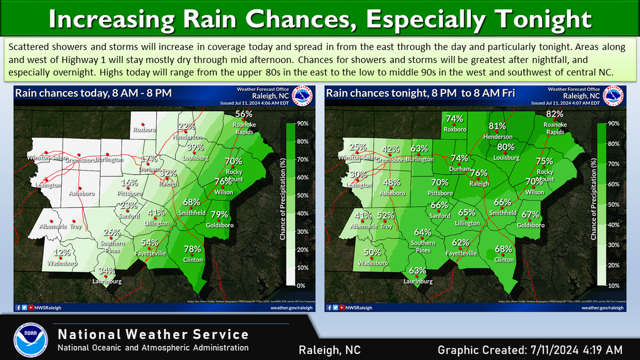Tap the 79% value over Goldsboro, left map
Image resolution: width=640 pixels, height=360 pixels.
pyautogui.click(x=219, y=215)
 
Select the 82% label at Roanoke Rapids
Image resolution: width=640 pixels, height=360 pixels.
pyautogui.click(x=555, y=114)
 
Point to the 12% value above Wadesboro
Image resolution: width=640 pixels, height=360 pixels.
pyautogui.click(x=62, y=253)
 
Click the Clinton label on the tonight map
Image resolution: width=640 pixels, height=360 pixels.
pyautogui.click(x=504, y=259)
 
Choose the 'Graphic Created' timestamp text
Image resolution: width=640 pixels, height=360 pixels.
pyautogui.click(x=530, y=349)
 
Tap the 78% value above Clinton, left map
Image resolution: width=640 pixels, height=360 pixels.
pyautogui.click(x=193, y=249)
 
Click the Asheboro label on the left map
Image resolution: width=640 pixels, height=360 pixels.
pyautogui.click(x=83, y=193)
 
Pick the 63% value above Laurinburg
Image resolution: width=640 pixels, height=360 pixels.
pyautogui.click(x=417, y=271)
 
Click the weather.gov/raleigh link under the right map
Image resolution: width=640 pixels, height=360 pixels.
pyautogui.click(x=602, y=307)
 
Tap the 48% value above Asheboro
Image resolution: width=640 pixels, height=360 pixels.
pyautogui.click(x=392, y=183)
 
